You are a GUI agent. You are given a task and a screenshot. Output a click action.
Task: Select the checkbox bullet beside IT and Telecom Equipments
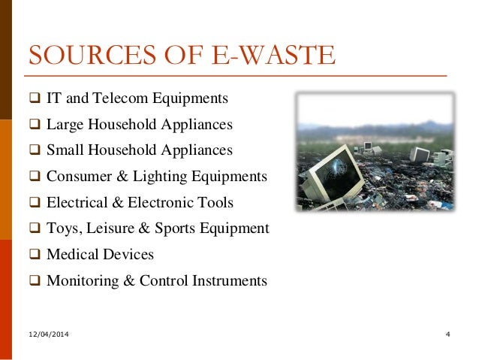point(35,98)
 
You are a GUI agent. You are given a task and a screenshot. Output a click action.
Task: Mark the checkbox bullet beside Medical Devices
point(35,255)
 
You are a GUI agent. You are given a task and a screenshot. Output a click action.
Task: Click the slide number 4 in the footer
point(447,333)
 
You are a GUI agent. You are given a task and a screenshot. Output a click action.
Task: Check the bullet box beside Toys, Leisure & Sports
point(35,229)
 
